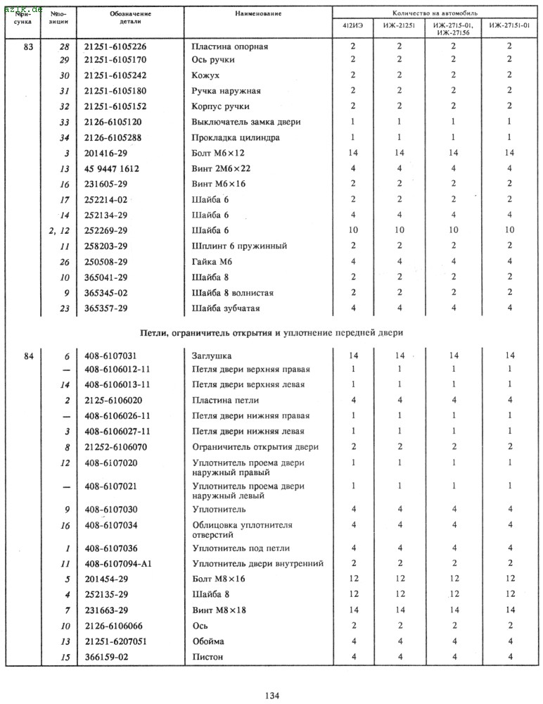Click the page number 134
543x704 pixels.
273,696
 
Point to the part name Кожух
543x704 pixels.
206,75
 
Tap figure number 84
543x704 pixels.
28,356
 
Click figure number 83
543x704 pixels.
28,46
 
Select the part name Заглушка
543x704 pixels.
212,356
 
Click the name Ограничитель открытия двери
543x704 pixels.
255,447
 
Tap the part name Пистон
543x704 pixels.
207,656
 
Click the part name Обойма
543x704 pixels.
208,641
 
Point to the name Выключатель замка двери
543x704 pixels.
246,122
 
